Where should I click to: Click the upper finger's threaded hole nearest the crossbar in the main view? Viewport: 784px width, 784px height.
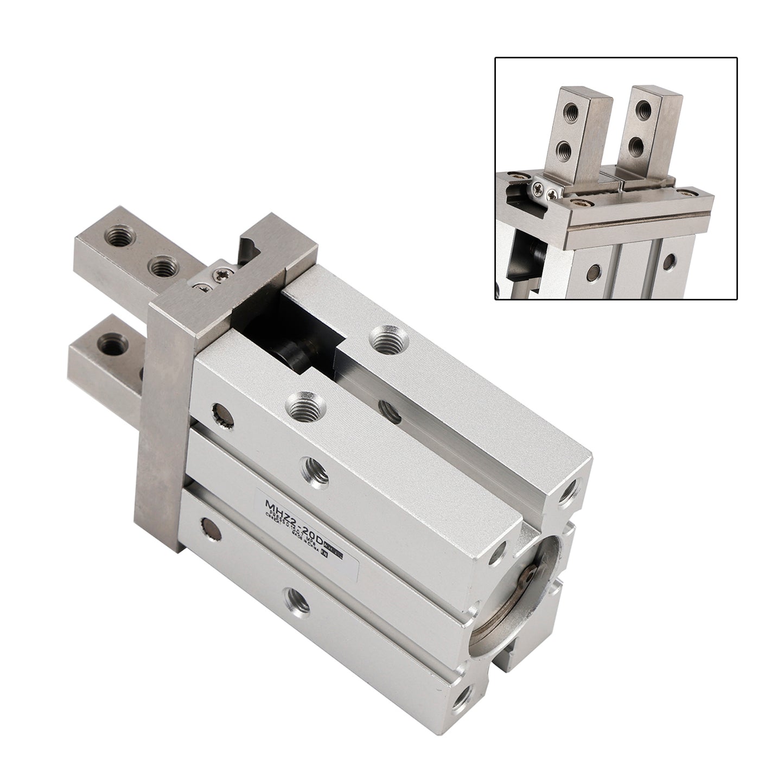point(162,266)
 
